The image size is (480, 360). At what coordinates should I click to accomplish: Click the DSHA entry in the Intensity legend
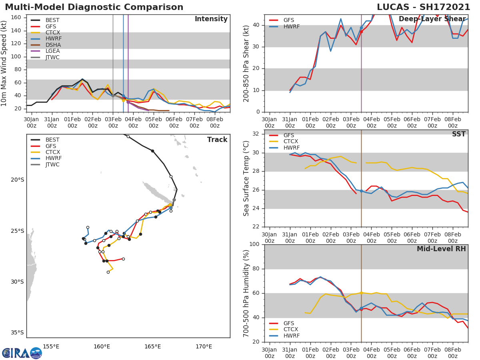pos(53,45)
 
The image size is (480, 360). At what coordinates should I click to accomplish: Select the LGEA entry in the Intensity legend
pos(52,51)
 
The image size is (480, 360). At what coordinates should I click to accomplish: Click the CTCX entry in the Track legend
pos(52,152)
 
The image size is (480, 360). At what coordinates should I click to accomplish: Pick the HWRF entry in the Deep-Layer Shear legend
pos(291,26)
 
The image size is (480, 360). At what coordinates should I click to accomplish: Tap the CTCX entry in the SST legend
pos(291,142)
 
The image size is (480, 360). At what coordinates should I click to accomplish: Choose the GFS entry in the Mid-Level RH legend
pos(291,323)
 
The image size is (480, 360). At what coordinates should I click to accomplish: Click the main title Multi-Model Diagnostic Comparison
pos(94,7)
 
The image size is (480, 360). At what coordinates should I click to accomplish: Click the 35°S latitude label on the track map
pos(18,332)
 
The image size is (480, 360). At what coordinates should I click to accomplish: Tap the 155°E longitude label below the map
pos(51,346)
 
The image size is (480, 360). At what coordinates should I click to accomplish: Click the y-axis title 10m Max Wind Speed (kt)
pos(4,63)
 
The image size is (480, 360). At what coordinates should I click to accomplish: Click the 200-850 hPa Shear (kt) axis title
pos(246,63)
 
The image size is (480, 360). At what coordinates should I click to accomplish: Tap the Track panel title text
pos(217,140)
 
